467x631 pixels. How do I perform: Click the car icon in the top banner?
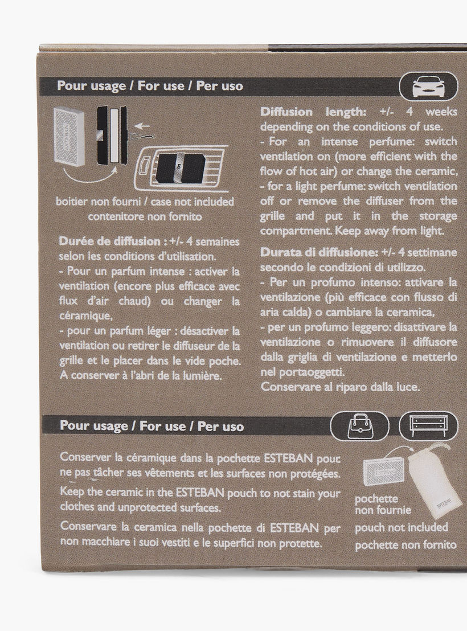pyautogui.click(x=428, y=86)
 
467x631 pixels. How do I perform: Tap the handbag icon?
pyautogui.click(x=360, y=426)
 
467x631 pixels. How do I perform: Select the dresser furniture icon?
pyautogui.click(x=428, y=426)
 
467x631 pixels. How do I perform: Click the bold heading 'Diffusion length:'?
pyautogui.click(x=313, y=112)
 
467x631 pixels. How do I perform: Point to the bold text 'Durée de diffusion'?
pyautogui.click(x=110, y=241)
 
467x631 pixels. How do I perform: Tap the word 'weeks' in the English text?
pyautogui.click(x=441, y=111)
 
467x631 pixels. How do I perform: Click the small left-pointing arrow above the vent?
pyautogui.click(x=141, y=127)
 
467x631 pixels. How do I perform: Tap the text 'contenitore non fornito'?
pyautogui.click(x=145, y=216)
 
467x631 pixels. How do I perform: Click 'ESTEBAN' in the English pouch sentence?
pyautogui.click(x=200, y=493)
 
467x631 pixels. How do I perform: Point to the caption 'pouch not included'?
pyautogui.click(x=402, y=527)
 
